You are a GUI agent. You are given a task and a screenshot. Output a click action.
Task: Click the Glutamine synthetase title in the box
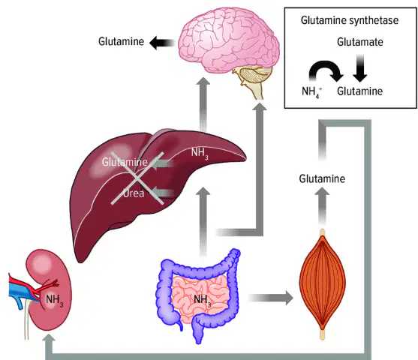(x=350, y=20)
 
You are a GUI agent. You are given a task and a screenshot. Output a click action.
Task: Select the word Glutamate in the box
(x=360, y=42)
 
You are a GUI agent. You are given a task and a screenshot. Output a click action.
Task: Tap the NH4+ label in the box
(x=311, y=92)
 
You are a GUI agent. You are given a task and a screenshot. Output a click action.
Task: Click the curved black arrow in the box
(x=325, y=66)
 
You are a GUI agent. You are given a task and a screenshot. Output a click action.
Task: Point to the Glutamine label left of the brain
(x=122, y=41)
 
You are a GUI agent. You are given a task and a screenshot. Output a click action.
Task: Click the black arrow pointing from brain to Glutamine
(x=162, y=43)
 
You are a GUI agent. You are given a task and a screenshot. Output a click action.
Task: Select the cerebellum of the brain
(x=256, y=74)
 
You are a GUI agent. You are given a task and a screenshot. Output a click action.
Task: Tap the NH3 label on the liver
(x=200, y=153)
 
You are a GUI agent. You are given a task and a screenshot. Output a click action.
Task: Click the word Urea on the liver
(x=134, y=193)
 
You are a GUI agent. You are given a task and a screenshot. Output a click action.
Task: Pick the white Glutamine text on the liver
(x=125, y=162)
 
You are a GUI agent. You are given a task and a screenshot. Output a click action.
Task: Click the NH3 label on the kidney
(x=55, y=300)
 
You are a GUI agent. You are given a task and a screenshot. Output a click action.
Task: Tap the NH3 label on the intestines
(x=203, y=300)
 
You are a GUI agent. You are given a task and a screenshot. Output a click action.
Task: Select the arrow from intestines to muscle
(x=271, y=298)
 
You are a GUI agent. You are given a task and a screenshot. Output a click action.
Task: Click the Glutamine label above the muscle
(x=322, y=178)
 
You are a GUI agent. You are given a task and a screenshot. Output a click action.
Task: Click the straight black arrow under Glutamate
(x=360, y=68)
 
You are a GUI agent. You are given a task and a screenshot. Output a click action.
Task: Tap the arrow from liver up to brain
(x=203, y=104)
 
